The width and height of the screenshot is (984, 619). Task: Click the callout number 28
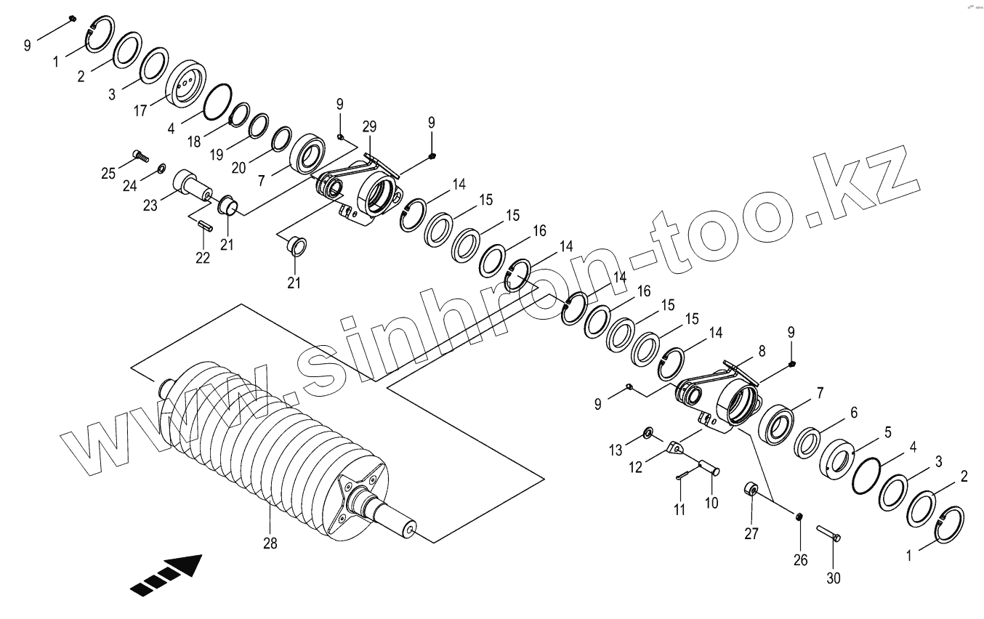[270, 543]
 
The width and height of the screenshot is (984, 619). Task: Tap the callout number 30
[834, 579]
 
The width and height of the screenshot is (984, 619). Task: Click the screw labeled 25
[140, 155]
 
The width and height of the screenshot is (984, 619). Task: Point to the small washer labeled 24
[160, 169]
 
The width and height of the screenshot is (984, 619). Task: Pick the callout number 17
[140, 111]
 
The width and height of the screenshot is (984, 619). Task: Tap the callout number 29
[370, 127]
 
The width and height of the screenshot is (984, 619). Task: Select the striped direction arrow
[166, 573]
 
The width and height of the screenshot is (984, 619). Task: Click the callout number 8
[762, 350]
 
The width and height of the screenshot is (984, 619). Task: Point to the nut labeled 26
[799, 517]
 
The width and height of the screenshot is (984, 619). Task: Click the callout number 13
[616, 450]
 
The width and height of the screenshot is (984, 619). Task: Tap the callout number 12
[636, 467]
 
